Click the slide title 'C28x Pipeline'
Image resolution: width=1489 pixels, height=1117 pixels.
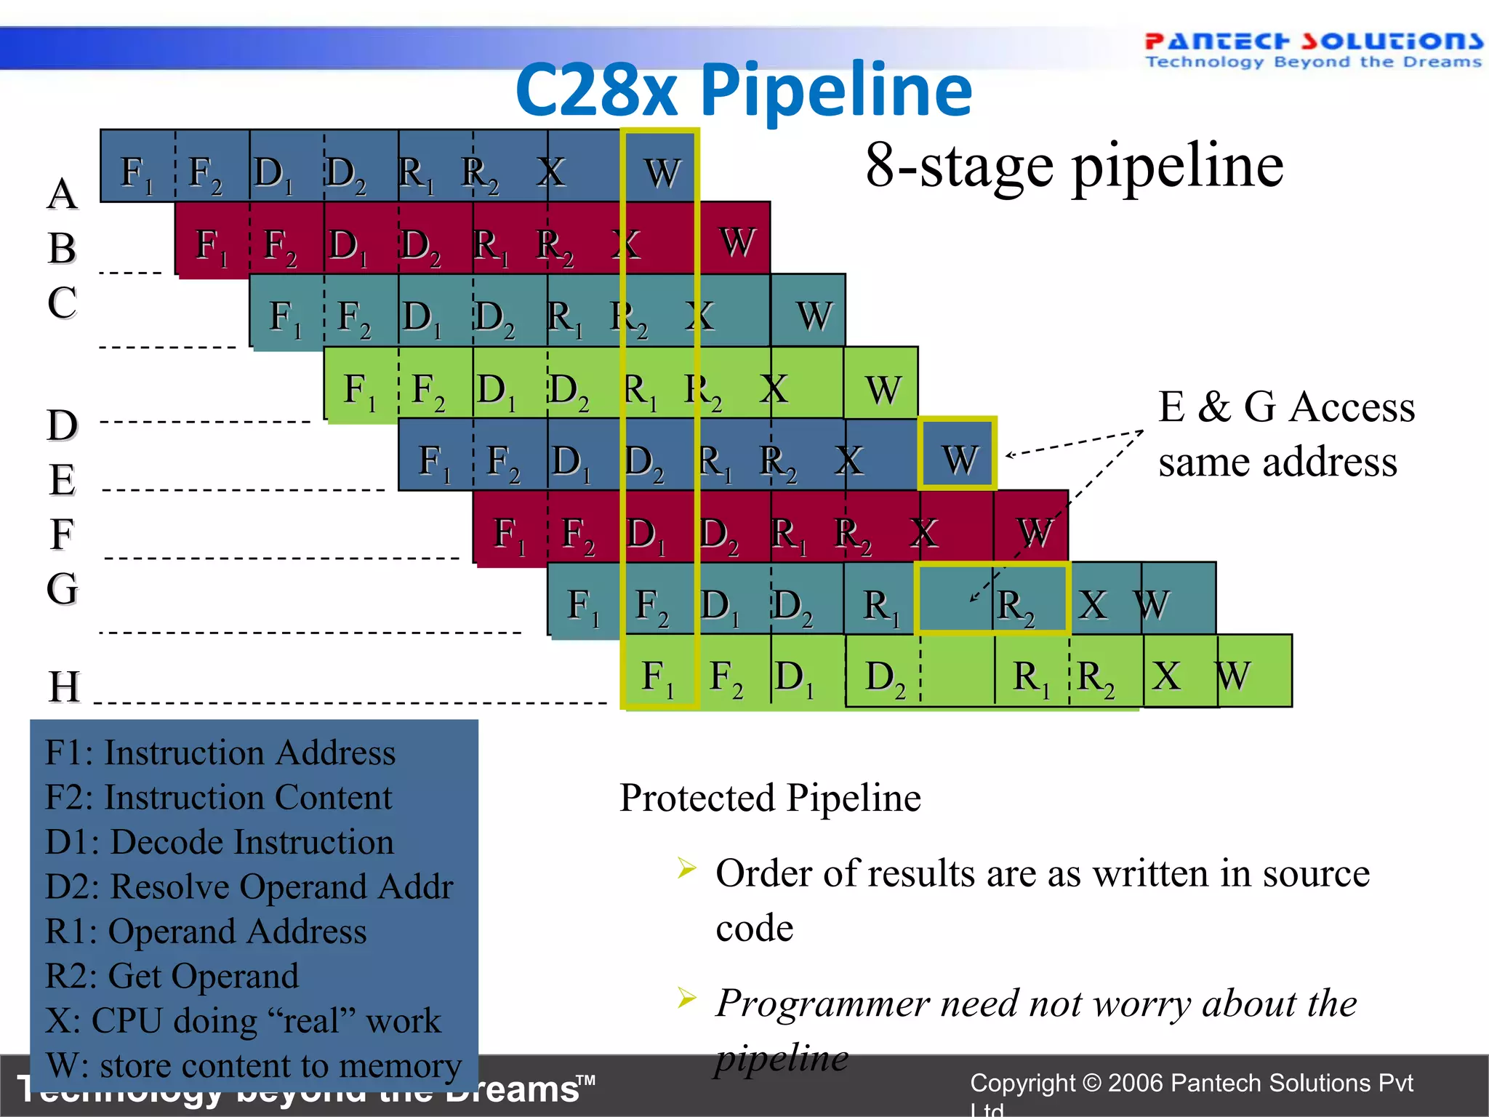[743, 90]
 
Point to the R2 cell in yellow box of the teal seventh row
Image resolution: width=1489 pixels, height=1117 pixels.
[1015, 605]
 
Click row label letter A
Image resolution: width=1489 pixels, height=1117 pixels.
[63, 193]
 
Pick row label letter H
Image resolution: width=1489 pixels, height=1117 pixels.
[64, 686]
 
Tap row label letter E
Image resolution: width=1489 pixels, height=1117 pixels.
[63, 480]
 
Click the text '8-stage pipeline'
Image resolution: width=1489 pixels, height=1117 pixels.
[1074, 166]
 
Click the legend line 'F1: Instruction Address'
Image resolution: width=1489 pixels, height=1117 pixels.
[220, 753]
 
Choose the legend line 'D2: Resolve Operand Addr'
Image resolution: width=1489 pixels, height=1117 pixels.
[249, 886]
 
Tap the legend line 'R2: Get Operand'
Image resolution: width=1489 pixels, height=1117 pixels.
[172, 976]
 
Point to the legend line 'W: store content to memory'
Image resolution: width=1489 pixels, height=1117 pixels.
[253, 1066]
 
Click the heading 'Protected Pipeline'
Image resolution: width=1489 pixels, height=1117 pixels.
[769, 798]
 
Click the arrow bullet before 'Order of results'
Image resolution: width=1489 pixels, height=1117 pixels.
[686, 868]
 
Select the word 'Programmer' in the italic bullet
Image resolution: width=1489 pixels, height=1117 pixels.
[822, 1004]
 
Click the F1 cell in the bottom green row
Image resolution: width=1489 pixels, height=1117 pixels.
[658, 676]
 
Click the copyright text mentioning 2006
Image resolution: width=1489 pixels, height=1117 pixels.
[1191, 1084]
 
